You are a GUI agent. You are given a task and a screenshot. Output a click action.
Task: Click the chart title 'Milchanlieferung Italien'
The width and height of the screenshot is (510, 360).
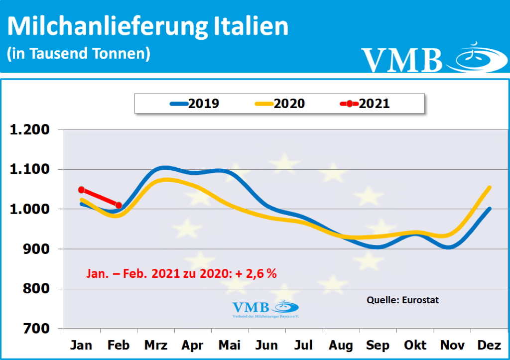click(148, 26)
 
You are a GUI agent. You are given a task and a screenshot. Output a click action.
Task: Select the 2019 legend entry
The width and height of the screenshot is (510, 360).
click(195, 104)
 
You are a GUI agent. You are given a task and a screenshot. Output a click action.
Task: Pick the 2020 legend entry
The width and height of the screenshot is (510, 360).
click(280, 104)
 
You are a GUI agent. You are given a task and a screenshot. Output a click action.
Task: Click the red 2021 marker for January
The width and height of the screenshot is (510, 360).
click(81, 190)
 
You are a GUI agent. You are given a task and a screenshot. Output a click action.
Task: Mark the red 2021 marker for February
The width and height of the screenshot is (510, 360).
click(119, 205)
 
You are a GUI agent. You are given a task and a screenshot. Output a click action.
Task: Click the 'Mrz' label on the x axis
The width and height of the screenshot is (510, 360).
click(156, 345)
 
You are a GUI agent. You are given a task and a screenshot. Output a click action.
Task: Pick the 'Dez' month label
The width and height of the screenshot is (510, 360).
click(490, 345)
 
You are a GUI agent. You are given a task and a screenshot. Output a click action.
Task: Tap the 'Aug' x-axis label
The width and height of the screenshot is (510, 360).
click(341, 345)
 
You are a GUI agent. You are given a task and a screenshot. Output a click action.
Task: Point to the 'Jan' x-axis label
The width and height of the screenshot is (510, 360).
click(81, 345)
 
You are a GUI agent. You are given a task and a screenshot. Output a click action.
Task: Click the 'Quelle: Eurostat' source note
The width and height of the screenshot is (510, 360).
click(402, 300)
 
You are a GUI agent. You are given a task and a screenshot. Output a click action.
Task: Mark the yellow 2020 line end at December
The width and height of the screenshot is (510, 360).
click(490, 188)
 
